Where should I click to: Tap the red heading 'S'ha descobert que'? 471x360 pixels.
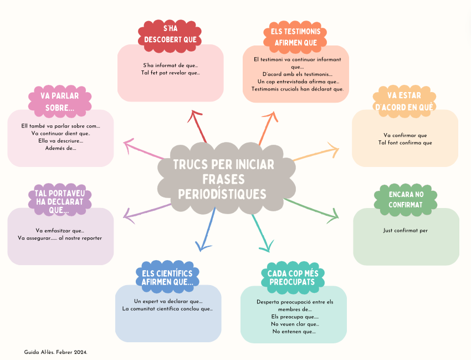point(170,34)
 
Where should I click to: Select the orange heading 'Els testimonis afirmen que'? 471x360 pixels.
point(295,37)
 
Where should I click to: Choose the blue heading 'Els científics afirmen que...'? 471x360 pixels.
point(167,277)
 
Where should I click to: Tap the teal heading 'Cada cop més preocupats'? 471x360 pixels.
point(292,277)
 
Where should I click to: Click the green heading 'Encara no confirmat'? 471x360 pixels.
point(406,200)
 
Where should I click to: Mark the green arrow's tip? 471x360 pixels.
point(336,216)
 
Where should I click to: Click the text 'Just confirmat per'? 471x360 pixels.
point(406,230)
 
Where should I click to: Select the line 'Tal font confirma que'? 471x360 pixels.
point(405,143)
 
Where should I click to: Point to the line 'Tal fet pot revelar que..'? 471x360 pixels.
point(170,73)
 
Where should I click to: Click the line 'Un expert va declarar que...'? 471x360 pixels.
point(168,301)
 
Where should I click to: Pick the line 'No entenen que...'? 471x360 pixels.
point(294,331)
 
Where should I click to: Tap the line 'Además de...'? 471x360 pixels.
point(60,148)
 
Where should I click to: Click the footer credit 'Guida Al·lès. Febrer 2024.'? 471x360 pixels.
point(56,352)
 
